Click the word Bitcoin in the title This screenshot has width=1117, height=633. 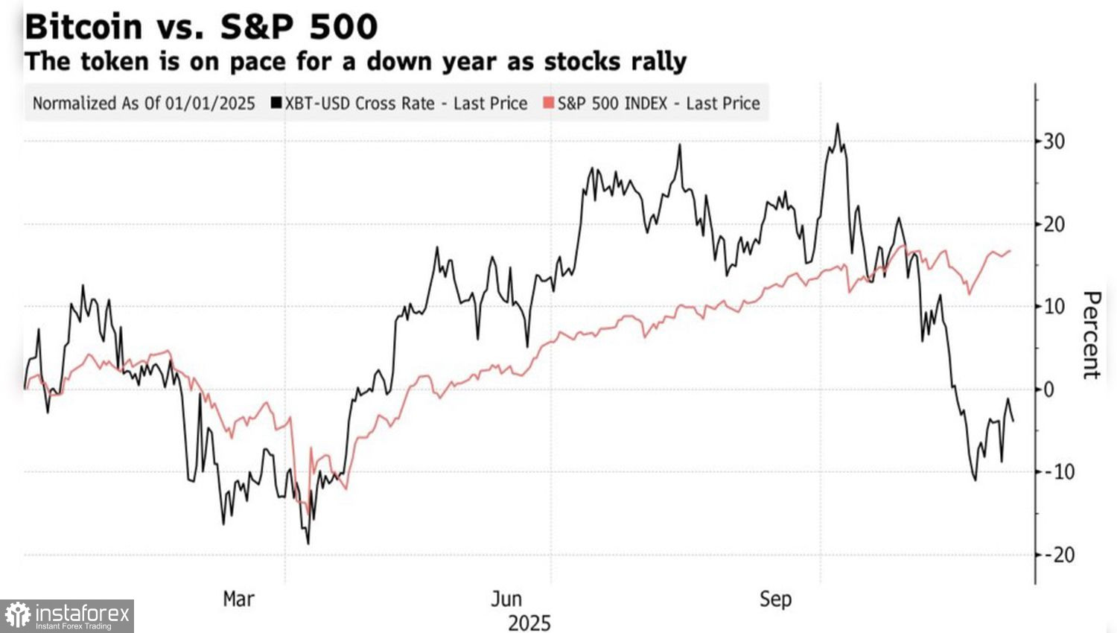click(x=83, y=27)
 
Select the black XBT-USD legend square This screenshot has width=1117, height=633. click(x=277, y=104)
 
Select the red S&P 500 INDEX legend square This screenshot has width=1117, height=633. click(x=549, y=104)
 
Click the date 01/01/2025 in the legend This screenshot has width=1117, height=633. click(x=210, y=104)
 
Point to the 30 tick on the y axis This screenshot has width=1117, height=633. click(x=1054, y=141)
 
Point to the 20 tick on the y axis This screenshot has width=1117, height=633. click(x=1054, y=223)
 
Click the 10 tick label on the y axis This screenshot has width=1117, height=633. click(x=1054, y=306)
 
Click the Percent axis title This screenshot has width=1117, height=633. click(x=1091, y=335)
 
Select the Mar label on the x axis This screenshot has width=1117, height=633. click(x=238, y=599)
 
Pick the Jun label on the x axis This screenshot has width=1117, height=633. click(x=506, y=599)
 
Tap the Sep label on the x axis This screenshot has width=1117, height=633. click(x=775, y=599)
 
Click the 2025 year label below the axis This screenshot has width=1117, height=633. click(x=529, y=623)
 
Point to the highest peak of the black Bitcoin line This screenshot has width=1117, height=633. click(x=838, y=124)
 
